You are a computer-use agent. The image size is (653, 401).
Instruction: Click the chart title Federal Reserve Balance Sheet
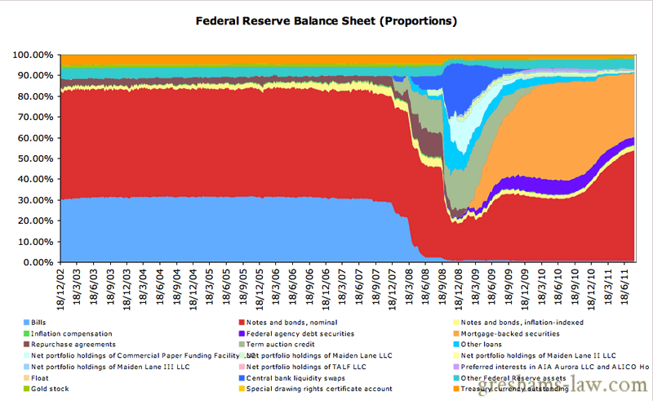[x=326, y=20]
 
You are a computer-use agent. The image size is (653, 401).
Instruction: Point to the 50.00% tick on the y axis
[x=37, y=158]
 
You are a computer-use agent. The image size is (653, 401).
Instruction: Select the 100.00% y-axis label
[x=34, y=55]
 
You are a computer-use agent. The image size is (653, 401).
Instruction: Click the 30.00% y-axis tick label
[x=37, y=200]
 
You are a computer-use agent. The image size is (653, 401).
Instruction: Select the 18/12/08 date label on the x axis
[x=458, y=287]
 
